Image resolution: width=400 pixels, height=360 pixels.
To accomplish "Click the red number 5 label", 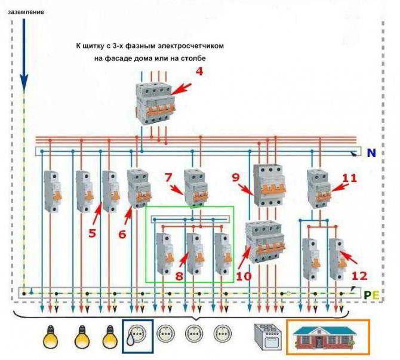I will pyautogui.click(x=92, y=233).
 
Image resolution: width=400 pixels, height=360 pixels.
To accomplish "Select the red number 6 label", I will pyautogui.click(x=122, y=234).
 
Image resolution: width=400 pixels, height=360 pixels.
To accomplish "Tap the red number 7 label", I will pyautogui.click(x=169, y=177).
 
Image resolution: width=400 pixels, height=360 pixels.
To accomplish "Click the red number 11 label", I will pyautogui.click(x=349, y=177).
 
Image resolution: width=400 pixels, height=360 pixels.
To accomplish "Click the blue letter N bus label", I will pyautogui.click(x=371, y=153).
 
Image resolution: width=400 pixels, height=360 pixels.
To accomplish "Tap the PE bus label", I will pyautogui.click(x=371, y=294).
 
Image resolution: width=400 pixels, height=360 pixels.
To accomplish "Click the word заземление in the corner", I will pyautogui.click(x=26, y=11).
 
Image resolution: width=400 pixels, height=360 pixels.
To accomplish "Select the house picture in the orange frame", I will pyautogui.click(x=328, y=337).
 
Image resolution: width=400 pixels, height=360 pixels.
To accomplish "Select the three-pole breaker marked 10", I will pyautogui.click(x=264, y=241).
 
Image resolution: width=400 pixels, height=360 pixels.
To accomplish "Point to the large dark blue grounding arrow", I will pyautogui.click(x=23, y=54).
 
